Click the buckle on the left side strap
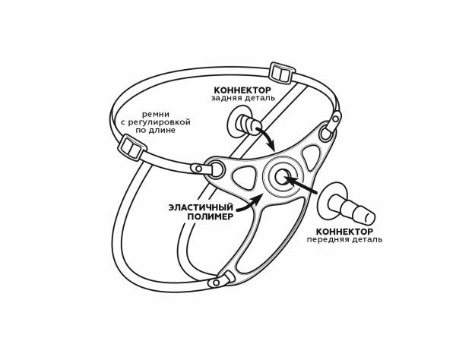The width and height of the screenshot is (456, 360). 131,147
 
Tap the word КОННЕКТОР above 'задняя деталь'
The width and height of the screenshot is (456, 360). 242,90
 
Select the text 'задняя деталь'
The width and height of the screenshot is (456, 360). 243,98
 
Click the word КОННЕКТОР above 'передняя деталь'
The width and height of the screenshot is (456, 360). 344,232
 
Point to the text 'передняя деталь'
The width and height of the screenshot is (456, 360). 344,240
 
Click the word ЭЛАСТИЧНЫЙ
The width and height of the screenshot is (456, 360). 201,208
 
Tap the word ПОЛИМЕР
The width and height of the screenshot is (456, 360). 211,216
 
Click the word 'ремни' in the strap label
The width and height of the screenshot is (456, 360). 155,115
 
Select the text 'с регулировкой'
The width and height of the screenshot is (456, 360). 155,122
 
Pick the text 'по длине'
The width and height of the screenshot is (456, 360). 155,130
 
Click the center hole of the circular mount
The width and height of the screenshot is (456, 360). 281,177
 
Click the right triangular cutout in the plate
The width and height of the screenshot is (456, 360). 312,157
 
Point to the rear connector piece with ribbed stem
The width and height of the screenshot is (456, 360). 244,124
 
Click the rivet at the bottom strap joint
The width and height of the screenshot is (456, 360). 216,283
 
